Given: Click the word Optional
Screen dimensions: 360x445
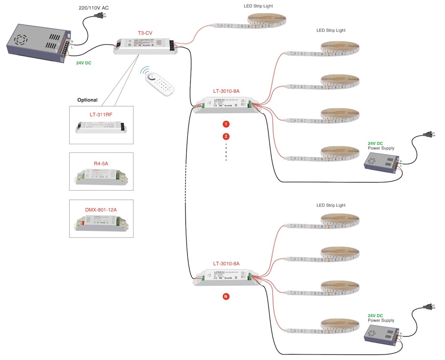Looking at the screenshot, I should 87,100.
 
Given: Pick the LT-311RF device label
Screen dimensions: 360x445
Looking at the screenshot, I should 101,114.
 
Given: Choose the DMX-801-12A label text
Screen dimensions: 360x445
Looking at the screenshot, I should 101,210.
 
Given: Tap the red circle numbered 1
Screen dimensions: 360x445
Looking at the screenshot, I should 226,124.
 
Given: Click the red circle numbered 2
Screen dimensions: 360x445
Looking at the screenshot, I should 226,137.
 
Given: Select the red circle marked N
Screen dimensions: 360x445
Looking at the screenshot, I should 226,296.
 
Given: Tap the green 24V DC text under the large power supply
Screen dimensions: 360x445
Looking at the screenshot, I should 84,63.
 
